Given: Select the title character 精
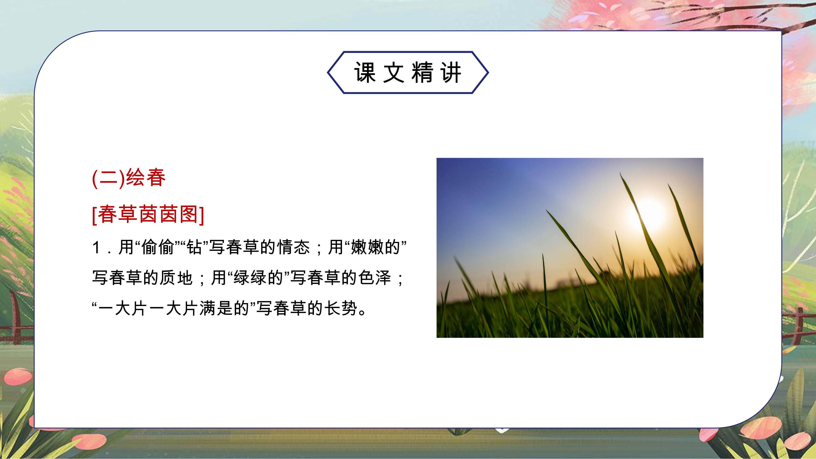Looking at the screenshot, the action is pyautogui.click(x=423, y=72).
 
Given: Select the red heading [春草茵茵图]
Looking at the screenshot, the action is pyautogui.click(x=148, y=215).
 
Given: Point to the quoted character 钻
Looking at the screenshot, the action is pyautogui.click(x=194, y=247).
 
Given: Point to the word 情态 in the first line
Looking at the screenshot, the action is pyautogui.click(x=294, y=247).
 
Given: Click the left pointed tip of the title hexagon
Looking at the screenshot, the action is pyautogui.click(x=328, y=72).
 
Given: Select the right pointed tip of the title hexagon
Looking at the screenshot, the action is pyautogui.click(x=488, y=72).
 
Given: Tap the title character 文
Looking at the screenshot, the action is pyautogui.click(x=394, y=72).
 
